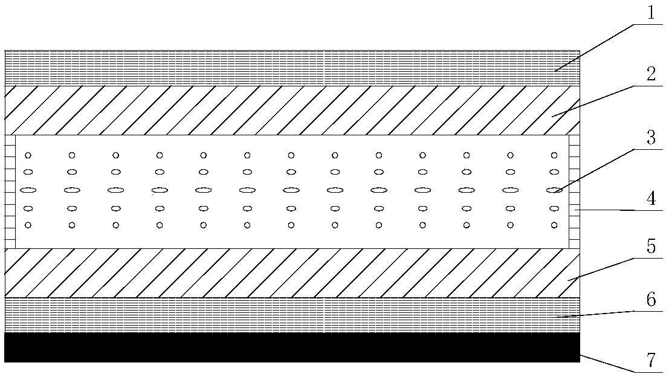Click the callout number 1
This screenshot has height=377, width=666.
tap(650, 14)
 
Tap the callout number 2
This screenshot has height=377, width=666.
tap(650, 76)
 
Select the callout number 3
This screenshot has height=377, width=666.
tap(650, 138)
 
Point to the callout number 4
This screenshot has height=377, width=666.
tap(650, 199)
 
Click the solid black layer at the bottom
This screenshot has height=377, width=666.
tap(290, 347)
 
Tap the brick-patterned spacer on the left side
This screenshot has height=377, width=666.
tap(10, 192)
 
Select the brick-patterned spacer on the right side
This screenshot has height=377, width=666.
tap(574, 192)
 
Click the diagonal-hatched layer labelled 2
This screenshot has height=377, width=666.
tap(290, 110)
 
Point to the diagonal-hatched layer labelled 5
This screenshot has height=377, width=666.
tap(290, 273)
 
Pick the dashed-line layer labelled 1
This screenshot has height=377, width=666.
tap(290, 68)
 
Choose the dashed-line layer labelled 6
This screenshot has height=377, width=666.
tap(290, 315)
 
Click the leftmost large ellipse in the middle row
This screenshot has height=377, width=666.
tap(28, 190)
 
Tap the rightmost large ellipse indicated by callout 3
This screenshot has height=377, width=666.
tap(554, 190)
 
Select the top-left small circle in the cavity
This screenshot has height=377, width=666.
tap(28, 155)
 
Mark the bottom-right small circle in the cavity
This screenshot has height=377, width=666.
tap(554, 225)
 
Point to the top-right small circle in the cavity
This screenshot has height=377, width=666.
tap(554, 155)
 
